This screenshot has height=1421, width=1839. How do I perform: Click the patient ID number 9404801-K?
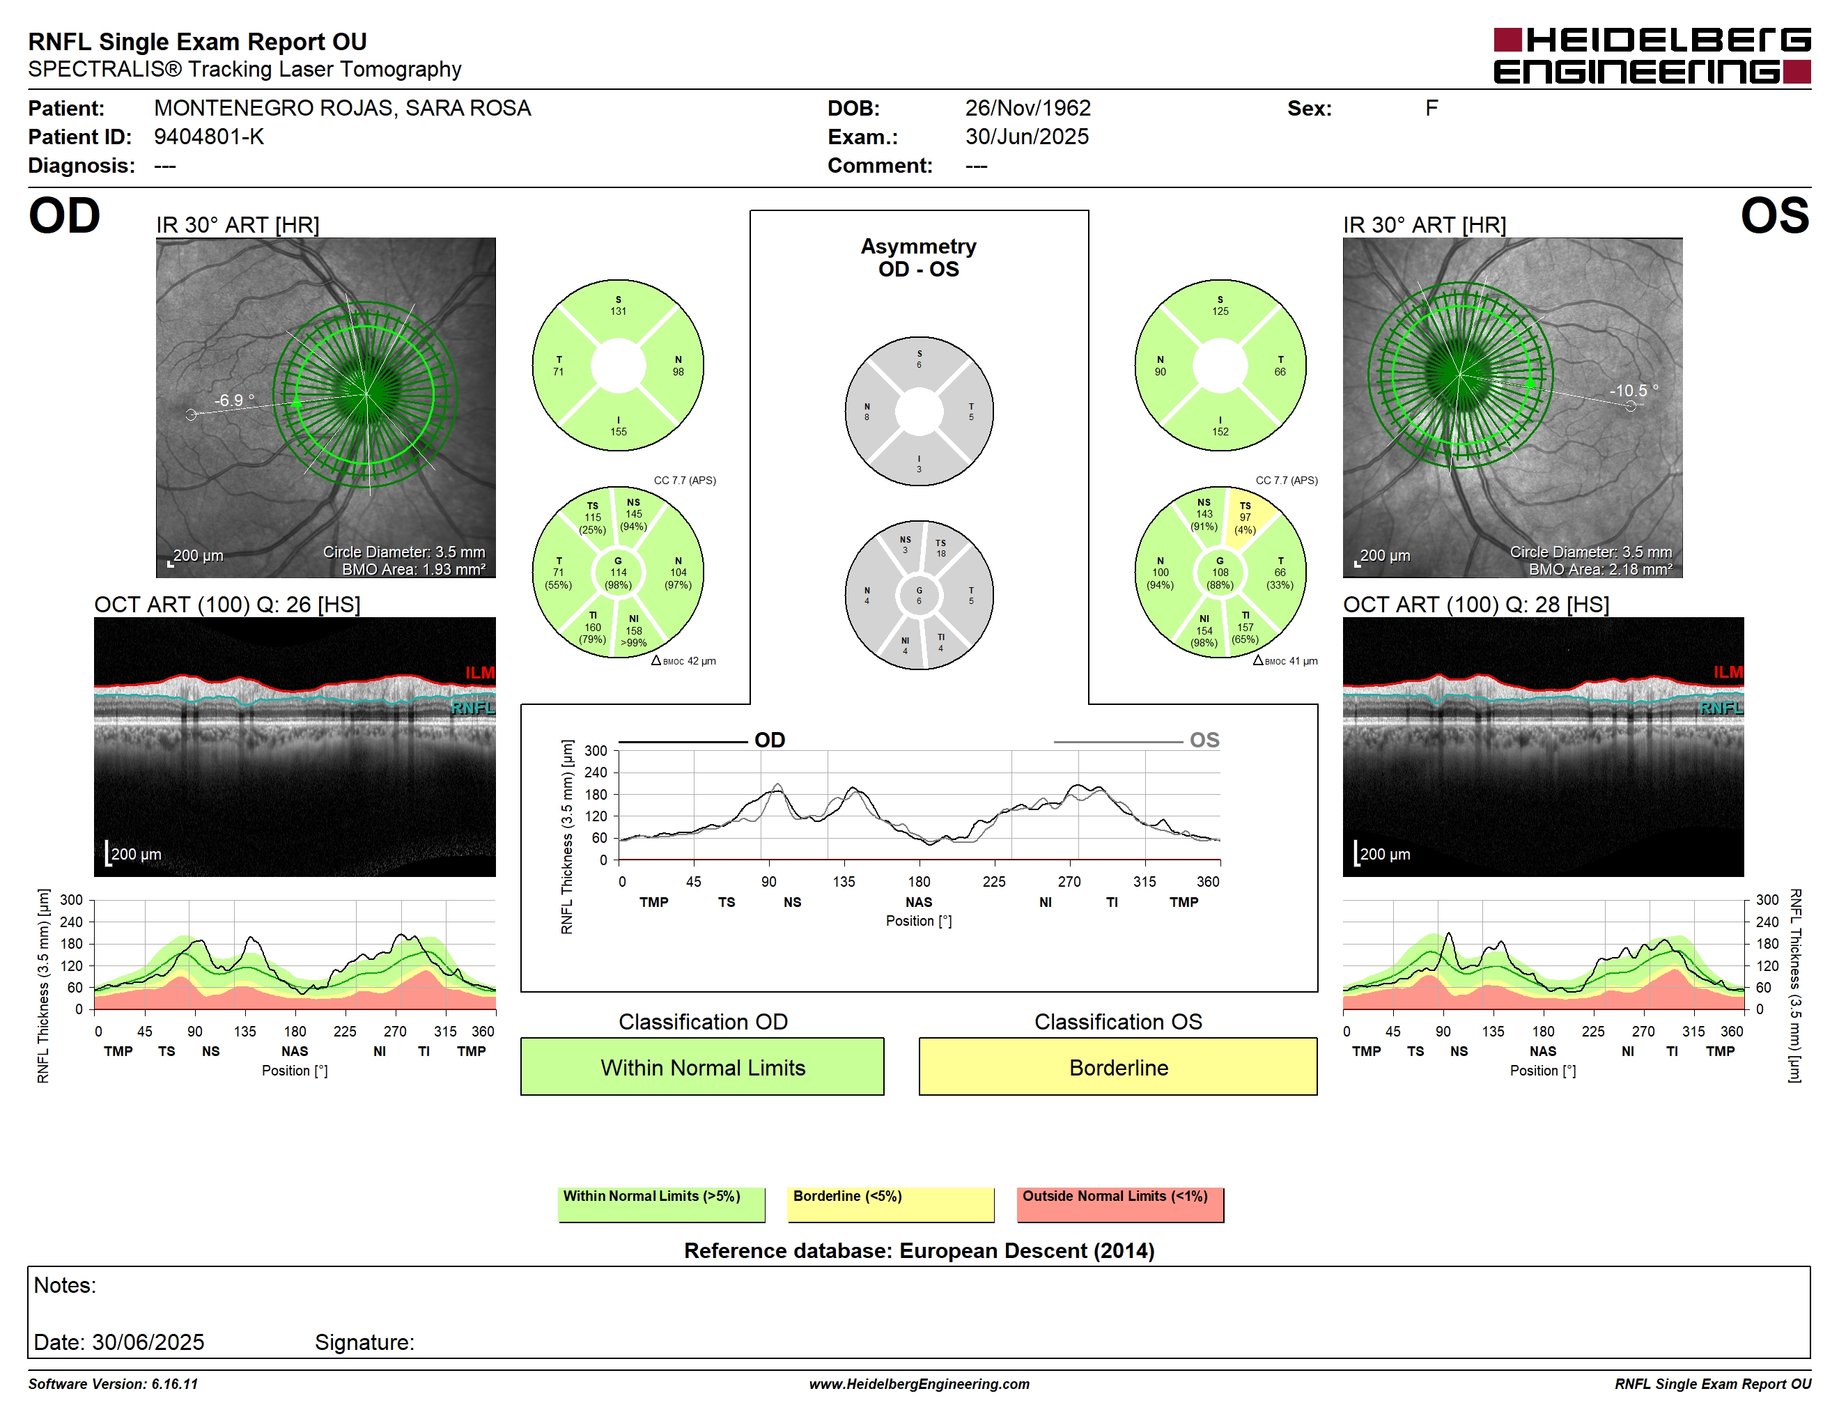click(209, 137)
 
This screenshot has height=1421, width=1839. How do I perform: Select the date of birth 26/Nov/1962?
click(1027, 108)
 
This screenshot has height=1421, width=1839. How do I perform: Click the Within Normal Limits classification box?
click(702, 1066)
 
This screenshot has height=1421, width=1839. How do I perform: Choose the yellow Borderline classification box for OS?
click(1117, 1066)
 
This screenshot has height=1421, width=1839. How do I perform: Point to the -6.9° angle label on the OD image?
click(233, 400)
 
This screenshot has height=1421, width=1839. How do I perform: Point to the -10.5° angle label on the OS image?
click(1634, 391)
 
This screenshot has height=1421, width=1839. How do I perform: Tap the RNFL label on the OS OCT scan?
click(1721, 708)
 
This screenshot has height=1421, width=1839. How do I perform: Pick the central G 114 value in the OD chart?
click(618, 573)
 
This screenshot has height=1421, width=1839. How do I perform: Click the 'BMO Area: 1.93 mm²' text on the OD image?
click(414, 569)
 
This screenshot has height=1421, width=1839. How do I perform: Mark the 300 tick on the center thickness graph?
click(596, 750)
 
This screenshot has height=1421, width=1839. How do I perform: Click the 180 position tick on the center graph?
click(919, 881)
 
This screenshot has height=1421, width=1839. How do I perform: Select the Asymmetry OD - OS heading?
click(919, 258)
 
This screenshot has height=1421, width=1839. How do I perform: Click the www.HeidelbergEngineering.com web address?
click(919, 1383)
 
